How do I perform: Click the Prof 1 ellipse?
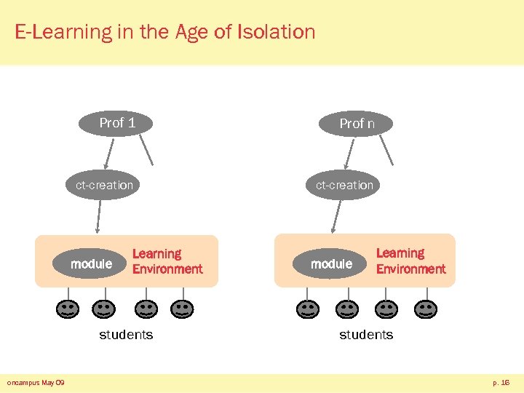[x=117, y=123]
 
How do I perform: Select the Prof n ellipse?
[x=357, y=124]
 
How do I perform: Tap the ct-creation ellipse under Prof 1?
[x=104, y=185]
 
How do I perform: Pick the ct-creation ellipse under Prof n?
[x=344, y=185]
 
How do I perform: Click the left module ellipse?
[x=91, y=263]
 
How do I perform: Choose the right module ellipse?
[x=331, y=263]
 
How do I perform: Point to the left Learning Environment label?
[x=167, y=261]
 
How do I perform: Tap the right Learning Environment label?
[x=410, y=261]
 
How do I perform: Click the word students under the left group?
[x=126, y=335]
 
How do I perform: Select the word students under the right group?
[x=366, y=335]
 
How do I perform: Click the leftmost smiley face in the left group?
[x=68, y=309]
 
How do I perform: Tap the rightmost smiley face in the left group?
[x=182, y=309]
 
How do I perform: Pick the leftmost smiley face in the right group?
[x=308, y=309]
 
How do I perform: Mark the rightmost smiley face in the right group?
[x=425, y=309]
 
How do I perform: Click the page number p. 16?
[x=501, y=382]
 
